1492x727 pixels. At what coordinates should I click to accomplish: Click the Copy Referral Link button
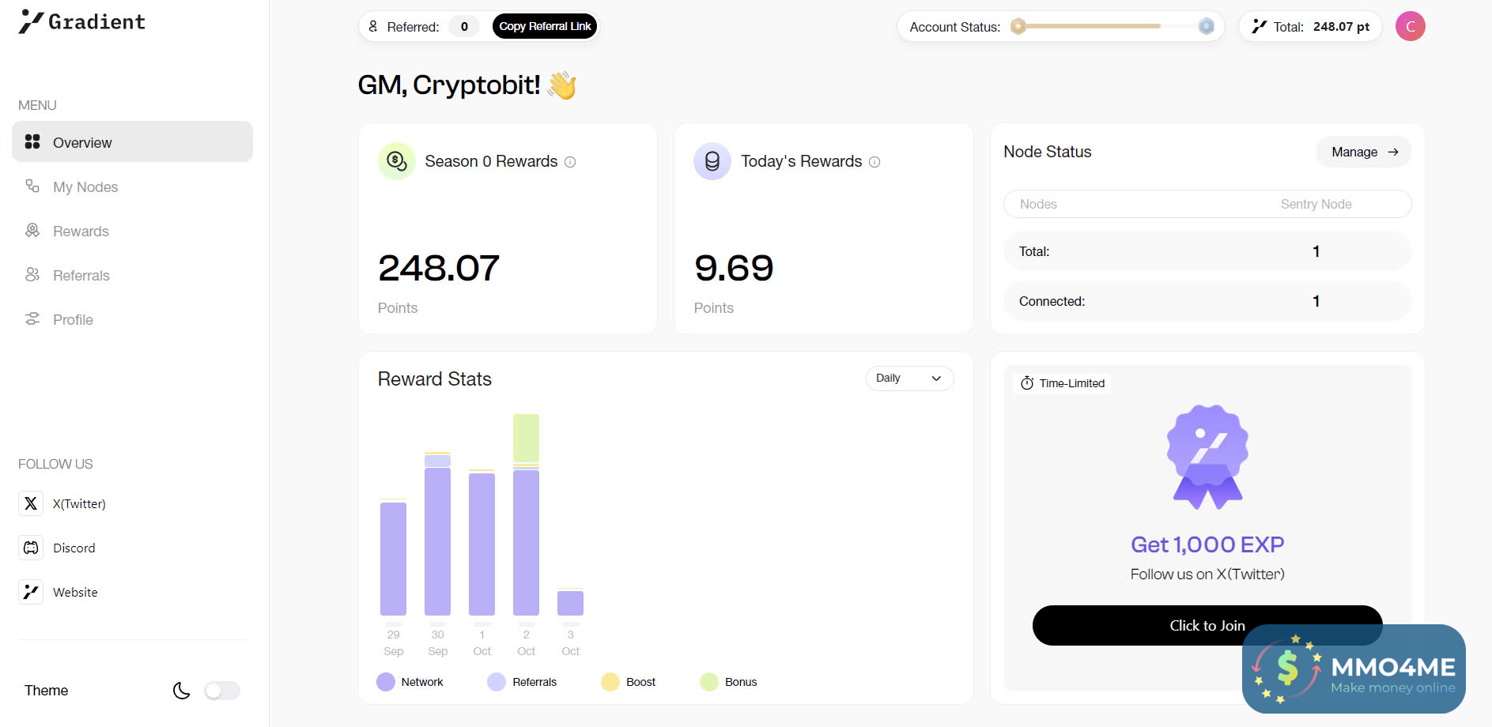click(x=545, y=26)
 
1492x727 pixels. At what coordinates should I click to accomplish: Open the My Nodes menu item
click(x=85, y=187)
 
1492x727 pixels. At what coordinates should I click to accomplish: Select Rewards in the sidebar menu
click(x=80, y=232)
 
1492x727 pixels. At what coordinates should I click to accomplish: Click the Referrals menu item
click(x=81, y=276)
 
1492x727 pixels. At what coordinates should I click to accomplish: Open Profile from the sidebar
click(x=73, y=320)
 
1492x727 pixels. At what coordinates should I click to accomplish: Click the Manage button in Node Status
click(x=1364, y=152)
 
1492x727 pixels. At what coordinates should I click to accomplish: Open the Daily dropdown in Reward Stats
click(x=909, y=379)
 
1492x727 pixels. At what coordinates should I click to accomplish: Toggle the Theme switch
click(x=222, y=691)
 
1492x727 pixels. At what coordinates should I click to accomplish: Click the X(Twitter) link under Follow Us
click(x=78, y=504)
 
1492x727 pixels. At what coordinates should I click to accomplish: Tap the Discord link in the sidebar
click(x=74, y=548)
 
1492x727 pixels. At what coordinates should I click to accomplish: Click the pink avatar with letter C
click(x=1410, y=26)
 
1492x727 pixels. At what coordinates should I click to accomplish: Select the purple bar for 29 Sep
click(x=393, y=559)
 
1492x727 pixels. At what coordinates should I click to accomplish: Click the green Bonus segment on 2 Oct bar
click(x=526, y=438)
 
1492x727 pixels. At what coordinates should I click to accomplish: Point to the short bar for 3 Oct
click(x=570, y=603)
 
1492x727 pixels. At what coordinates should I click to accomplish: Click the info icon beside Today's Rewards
click(x=874, y=162)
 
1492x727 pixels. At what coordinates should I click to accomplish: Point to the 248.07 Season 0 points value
click(x=439, y=268)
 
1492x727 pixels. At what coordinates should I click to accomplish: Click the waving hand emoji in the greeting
click(x=562, y=85)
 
